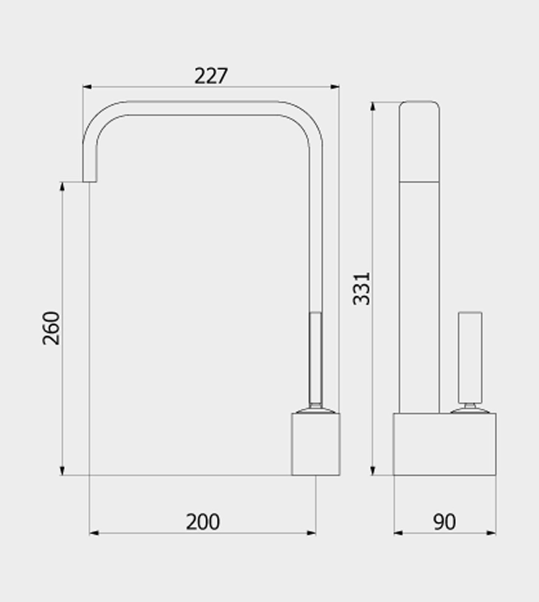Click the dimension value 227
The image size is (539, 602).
211,76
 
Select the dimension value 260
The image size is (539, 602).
51,328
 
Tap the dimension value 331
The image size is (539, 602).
361,289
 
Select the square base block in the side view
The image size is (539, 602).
316,444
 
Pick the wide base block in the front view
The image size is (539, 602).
444,444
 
